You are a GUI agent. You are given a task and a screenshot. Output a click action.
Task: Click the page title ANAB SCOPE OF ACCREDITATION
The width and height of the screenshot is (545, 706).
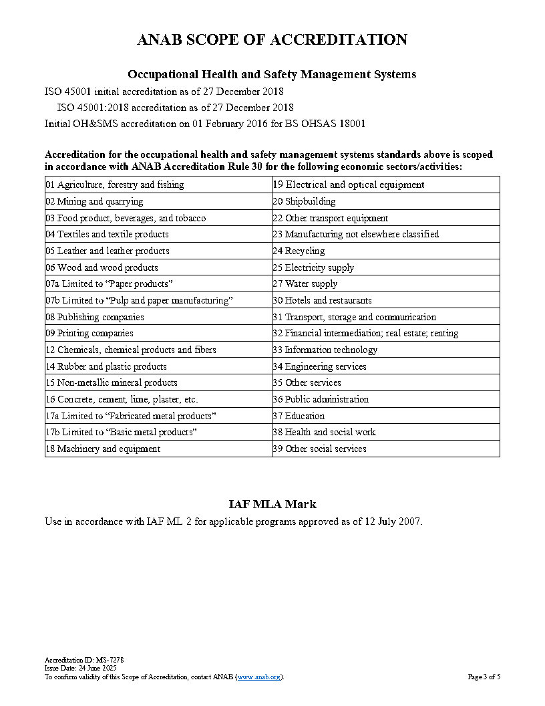[x=272, y=40]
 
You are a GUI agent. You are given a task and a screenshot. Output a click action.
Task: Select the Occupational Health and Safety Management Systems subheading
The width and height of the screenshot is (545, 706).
[x=272, y=74]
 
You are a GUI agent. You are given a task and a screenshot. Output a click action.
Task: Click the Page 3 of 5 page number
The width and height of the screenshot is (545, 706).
[x=484, y=677]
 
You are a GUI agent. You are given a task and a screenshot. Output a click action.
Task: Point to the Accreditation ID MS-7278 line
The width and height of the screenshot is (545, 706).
[x=84, y=660]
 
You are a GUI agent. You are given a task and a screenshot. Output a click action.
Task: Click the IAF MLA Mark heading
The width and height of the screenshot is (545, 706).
[x=272, y=504]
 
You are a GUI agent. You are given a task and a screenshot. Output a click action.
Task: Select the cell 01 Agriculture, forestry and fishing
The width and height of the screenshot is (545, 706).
[x=115, y=185]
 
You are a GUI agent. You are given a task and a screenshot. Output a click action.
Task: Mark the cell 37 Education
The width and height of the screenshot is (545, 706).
[x=299, y=416]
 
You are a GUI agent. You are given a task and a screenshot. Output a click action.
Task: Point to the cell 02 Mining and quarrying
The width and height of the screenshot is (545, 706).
[x=94, y=201]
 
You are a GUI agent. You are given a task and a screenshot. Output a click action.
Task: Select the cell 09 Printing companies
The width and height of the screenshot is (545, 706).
[x=89, y=333]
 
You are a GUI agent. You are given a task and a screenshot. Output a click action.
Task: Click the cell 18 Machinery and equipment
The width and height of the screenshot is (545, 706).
[x=103, y=449]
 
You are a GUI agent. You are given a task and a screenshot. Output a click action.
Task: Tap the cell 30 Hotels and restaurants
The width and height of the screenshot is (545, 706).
[x=322, y=300]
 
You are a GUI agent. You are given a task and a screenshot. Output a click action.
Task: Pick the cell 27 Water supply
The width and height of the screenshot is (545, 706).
[x=305, y=283]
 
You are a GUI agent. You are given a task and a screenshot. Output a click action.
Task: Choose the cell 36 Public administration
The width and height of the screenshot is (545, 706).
[x=321, y=399]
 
